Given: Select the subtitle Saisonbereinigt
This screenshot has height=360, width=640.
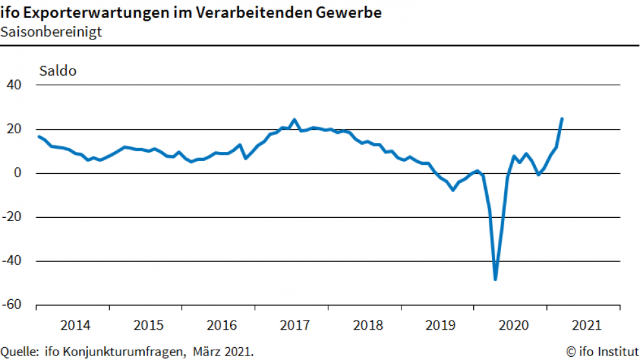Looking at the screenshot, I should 51,32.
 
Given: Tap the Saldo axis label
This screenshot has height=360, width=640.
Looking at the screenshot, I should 58,70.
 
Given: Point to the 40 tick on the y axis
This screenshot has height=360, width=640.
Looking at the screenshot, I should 14,85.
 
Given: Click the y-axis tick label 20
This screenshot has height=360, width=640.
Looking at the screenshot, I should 14,129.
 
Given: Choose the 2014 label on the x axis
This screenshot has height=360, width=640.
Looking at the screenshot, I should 73,324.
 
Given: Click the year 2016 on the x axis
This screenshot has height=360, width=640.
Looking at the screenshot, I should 219,324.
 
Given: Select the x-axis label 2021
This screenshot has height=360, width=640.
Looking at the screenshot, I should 584,324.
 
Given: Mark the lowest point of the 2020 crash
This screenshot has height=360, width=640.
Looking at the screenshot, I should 495,279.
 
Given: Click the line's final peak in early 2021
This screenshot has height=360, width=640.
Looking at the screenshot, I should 562,119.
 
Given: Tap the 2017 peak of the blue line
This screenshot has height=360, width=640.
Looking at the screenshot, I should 294,120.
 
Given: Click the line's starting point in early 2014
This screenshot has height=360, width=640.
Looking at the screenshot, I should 39,136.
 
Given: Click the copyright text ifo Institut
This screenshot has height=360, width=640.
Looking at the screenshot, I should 603,352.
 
